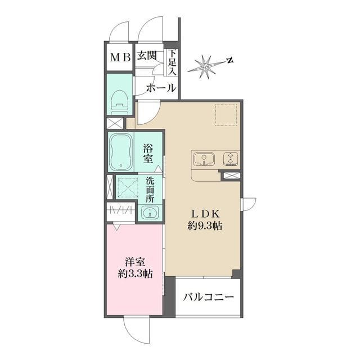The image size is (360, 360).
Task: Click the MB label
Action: click(120, 57)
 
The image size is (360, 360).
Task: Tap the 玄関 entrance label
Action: click(148, 56)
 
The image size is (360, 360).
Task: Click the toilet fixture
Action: click(119, 101)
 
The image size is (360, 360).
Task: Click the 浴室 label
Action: click(148, 153)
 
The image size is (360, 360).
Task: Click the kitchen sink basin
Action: click(203, 160)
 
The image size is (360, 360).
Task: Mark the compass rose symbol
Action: click(206, 66)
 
